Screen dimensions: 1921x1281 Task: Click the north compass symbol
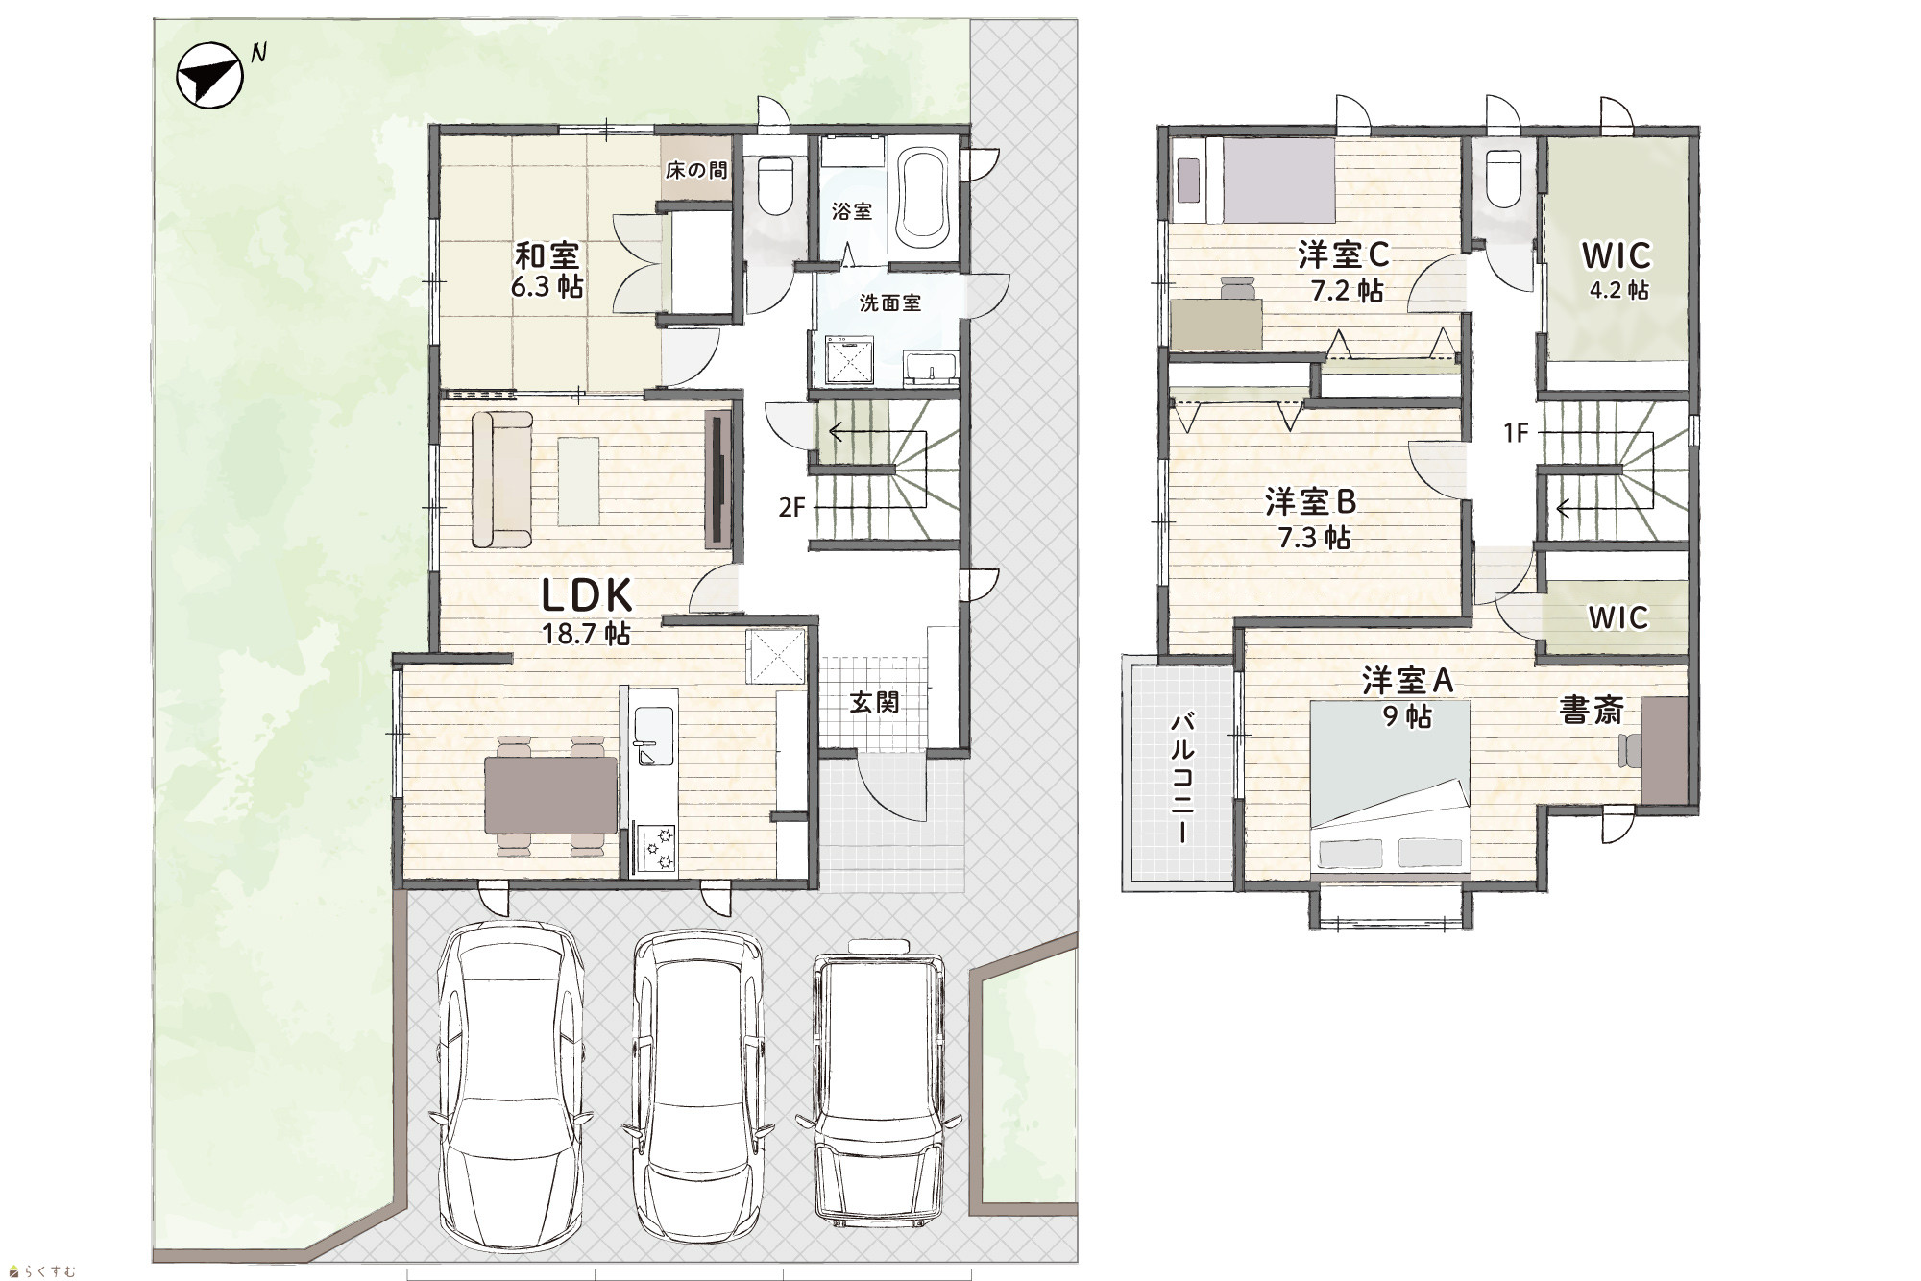pos(209,78)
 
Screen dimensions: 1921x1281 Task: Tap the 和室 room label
pos(547,255)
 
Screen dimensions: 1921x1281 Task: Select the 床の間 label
pos(696,171)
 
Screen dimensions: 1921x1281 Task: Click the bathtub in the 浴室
pos(924,199)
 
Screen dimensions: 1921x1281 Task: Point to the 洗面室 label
pos(890,303)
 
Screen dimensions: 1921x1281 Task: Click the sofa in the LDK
pos(500,479)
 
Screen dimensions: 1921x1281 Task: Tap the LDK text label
pos(588,596)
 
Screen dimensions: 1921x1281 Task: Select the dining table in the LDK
pos(551,795)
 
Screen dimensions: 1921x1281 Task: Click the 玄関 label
pos(874,702)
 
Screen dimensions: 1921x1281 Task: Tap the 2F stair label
pos(791,507)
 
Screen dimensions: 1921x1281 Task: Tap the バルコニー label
pos(1182,778)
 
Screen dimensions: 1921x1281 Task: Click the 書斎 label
pos(1591,711)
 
